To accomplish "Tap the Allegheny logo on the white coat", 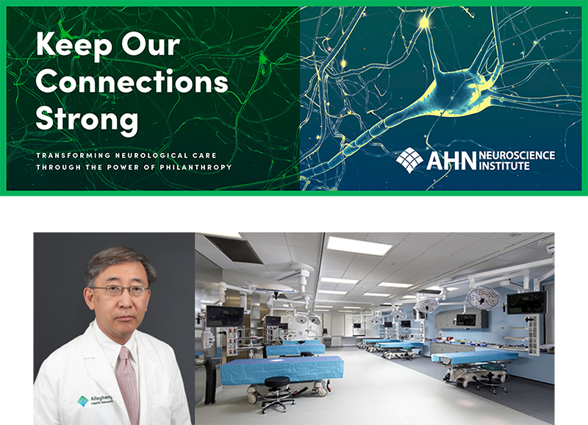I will tap(84, 401).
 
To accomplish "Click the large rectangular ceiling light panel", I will tap(359, 246).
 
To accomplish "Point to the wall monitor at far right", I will tap(526, 301).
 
